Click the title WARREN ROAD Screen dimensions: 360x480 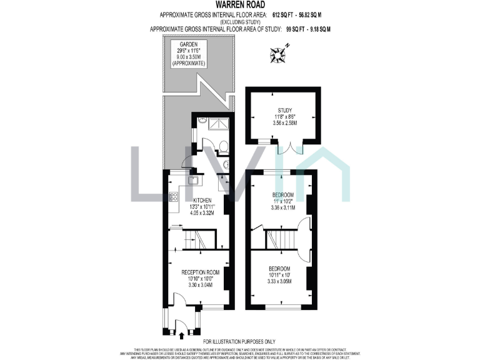tap(239, 5)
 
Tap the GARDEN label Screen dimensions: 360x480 tap(189, 45)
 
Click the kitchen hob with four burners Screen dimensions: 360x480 tap(173, 198)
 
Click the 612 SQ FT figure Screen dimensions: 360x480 tap(284, 14)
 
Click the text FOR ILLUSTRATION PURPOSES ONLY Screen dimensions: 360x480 tap(239, 341)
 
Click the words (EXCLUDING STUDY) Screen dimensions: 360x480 tap(239, 21)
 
